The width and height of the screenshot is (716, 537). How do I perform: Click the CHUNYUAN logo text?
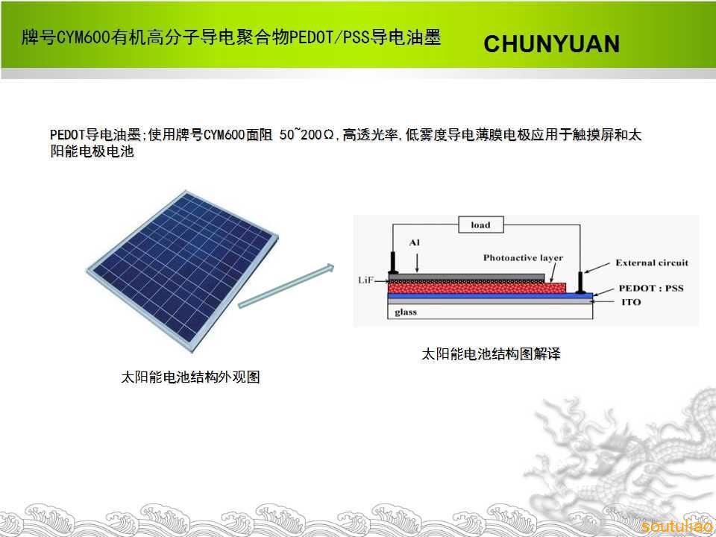(x=552, y=44)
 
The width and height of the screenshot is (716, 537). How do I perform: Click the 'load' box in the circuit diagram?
(x=481, y=224)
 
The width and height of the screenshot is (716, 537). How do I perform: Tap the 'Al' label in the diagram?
(x=414, y=242)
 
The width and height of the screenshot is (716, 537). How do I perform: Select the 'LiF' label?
(x=365, y=280)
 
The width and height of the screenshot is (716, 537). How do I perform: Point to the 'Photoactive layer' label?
(x=523, y=258)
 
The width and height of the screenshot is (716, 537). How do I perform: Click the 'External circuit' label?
(x=652, y=263)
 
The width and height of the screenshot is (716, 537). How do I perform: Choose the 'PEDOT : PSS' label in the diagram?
(x=650, y=288)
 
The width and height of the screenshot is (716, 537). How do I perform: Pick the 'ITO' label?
(x=631, y=302)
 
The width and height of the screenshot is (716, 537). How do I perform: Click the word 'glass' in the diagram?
(x=406, y=313)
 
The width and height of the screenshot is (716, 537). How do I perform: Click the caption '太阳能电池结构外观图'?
(x=190, y=377)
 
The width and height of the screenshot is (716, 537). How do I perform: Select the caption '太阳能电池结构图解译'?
(x=491, y=354)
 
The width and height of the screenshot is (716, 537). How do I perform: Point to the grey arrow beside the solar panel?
(x=286, y=286)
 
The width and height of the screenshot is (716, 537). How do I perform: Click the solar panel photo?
(x=183, y=271)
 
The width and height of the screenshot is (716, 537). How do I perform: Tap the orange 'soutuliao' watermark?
(x=676, y=526)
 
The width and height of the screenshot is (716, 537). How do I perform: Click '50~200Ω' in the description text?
(x=307, y=135)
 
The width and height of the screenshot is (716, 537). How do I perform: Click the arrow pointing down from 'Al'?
(x=417, y=263)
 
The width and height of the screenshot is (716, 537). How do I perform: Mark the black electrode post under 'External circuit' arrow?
(x=580, y=282)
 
